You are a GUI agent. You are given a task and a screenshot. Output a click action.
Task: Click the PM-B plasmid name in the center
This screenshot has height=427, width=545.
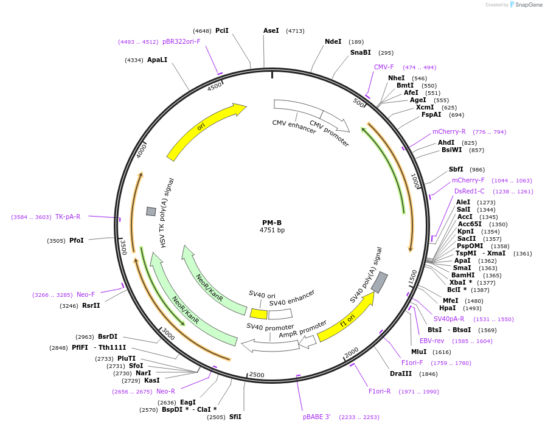pos(272,222)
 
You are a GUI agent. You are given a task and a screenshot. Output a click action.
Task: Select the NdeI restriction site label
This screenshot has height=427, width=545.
pos(333,41)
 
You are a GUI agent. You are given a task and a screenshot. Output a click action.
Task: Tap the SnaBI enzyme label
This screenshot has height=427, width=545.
pos(360,53)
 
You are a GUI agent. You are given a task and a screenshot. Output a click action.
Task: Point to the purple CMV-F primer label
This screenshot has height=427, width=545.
pos(384,67)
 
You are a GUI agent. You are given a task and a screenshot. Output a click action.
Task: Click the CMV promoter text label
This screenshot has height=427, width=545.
pos(330,133)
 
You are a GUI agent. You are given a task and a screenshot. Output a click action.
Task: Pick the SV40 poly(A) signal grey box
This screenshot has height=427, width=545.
pos(380,282)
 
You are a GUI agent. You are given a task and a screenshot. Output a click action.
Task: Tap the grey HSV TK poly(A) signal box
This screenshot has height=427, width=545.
pos(151,211)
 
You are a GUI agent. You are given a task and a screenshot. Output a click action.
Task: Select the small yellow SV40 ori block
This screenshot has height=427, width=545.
pos(259,313)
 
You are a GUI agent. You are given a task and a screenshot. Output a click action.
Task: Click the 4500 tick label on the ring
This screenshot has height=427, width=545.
pos(215,86)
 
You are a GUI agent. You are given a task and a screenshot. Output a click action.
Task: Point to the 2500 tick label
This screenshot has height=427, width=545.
pos(257,375)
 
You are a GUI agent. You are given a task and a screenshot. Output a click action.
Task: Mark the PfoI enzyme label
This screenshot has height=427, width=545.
pos(77,240)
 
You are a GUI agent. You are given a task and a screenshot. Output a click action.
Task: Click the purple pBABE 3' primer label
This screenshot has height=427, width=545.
pos(316,417)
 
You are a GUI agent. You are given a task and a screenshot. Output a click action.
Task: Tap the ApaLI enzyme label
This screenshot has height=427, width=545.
pos(157,60)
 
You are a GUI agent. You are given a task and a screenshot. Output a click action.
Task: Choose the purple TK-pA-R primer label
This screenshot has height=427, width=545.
pos(68,217)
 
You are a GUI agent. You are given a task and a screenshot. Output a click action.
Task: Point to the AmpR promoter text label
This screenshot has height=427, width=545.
pos(303,331)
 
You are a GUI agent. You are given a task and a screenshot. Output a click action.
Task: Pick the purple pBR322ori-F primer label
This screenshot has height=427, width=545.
pos(181,41)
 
